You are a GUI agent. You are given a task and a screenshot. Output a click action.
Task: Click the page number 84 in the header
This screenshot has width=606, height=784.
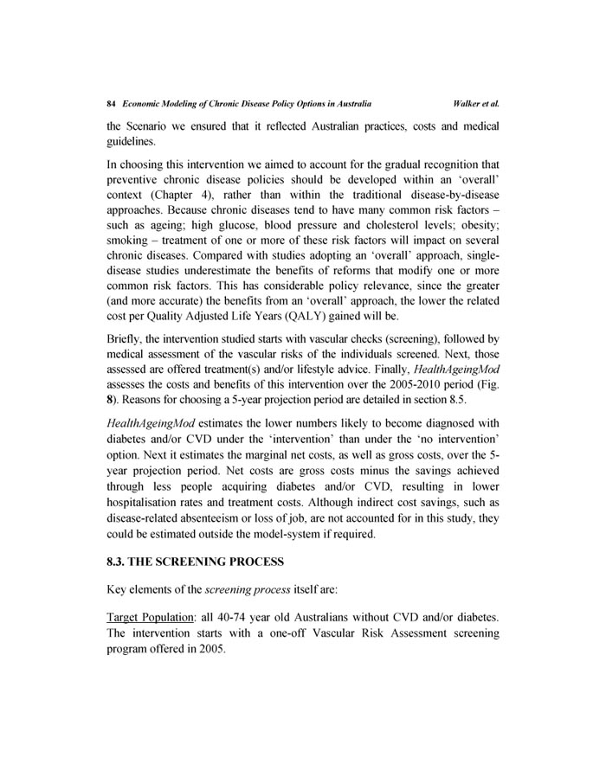pyautogui.click(x=110, y=103)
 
